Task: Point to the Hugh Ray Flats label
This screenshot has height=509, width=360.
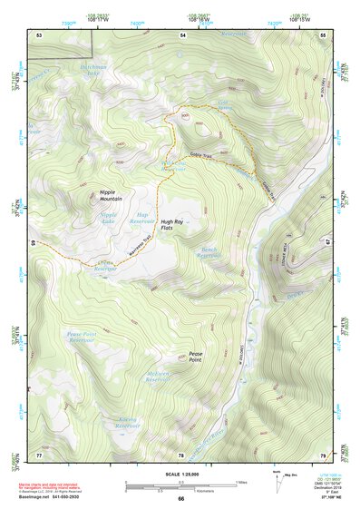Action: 172,225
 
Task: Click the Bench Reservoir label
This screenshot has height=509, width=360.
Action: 209,252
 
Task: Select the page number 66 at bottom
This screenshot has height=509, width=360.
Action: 180,499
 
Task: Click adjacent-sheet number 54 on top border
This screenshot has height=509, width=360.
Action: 182,34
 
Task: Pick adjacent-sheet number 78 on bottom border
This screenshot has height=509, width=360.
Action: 180,455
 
